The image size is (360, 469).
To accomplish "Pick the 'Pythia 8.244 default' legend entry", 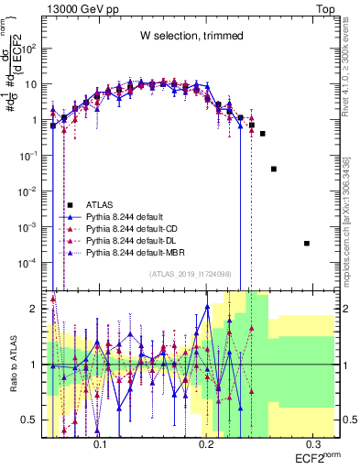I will tap(130, 217).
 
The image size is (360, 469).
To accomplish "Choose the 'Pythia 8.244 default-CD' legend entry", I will tap(137, 229).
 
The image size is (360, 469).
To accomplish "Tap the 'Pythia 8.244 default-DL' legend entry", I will tap(137, 240).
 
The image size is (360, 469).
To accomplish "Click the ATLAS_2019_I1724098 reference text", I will tap(191, 273).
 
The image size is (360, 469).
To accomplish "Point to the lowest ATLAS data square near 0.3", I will tap(307, 243).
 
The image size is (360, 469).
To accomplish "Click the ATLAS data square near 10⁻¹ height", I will tap(273, 169).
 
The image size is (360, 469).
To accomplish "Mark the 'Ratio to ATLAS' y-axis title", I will tap(11, 365).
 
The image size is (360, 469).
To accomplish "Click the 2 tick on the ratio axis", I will tap(37, 309).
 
